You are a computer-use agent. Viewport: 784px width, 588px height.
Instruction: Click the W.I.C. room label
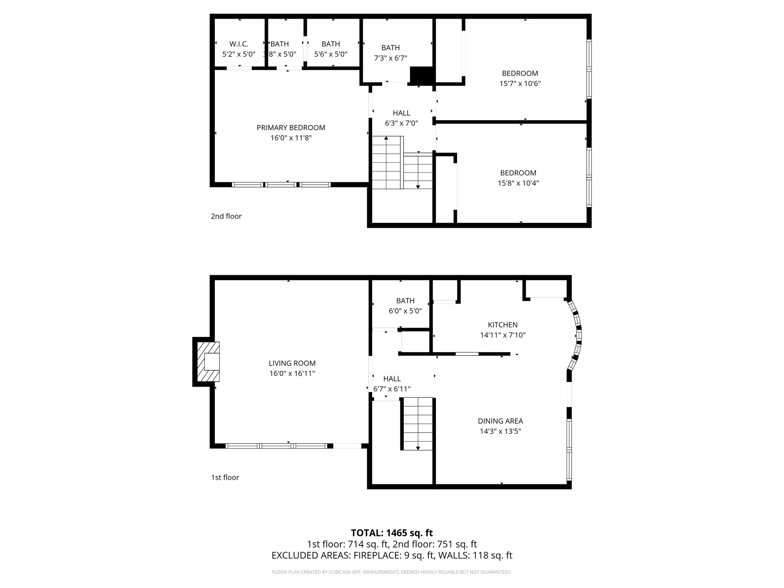click(x=239, y=44)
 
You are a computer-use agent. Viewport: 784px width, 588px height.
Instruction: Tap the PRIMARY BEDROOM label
click(x=291, y=128)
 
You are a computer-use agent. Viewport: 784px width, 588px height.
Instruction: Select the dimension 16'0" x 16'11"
click(x=292, y=373)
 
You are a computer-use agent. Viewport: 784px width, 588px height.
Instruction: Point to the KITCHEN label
click(x=502, y=325)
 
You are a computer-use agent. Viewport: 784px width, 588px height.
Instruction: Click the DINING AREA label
click(x=500, y=421)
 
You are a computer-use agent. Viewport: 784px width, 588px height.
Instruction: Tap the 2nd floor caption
click(x=226, y=216)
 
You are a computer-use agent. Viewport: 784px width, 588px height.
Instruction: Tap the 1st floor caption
click(x=225, y=477)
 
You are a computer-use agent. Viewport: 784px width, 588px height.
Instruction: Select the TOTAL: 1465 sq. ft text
click(x=392, y=533)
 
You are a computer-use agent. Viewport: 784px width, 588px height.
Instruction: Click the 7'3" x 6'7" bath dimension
click(x=390, y=58)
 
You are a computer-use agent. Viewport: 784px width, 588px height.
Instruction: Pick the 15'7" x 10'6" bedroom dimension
click(x=520, y=83)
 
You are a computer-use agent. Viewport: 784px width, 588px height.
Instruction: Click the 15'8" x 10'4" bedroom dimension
click(x=518, y=183)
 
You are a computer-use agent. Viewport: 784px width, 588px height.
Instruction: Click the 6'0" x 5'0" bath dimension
click(x=405, y=311)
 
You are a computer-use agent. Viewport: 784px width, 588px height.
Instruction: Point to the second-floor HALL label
click(x=401, y=113)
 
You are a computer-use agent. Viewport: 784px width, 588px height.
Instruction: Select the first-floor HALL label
click(x=392, y=379)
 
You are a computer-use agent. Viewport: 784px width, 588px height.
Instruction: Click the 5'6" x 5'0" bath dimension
click(x=331, y=54)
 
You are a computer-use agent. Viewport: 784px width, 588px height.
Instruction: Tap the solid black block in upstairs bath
click(x=421, y=75)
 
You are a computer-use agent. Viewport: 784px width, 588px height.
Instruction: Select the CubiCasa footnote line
click(x=392, y=572)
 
